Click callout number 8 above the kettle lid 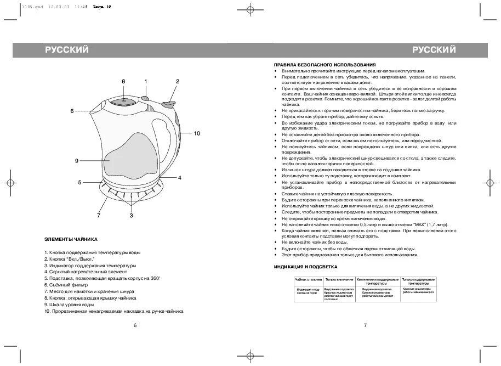[123, 82]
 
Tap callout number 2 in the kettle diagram [177, 81]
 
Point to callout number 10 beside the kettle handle [197, 133]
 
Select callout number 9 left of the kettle [77, 161]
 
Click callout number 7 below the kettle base [99, 216]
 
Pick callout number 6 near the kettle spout [71, 111]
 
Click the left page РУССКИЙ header [66, 50]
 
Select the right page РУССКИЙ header [434, 50]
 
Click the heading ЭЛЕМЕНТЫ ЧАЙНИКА [71, 240]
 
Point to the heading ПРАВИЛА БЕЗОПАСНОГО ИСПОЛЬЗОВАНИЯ [321, 65]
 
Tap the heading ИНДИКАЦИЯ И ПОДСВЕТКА [305, 266]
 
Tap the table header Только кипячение [339, 280]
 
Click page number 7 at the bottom [365, 325]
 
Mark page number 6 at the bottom [135, 325]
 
